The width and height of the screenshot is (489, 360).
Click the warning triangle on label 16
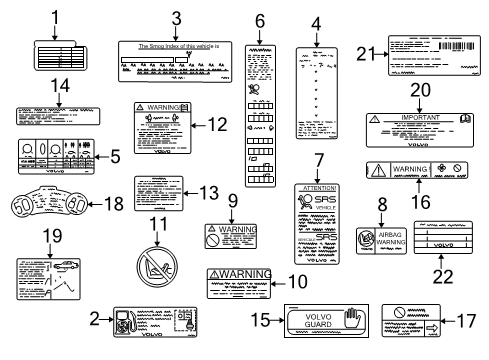(384, 170)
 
